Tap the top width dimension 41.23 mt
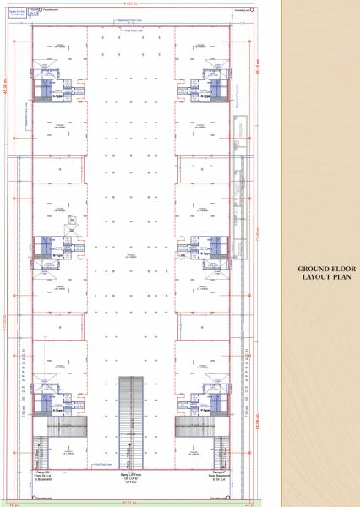coord(130,9)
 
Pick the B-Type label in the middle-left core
coord(57,253)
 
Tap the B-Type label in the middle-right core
coord(205,253)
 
